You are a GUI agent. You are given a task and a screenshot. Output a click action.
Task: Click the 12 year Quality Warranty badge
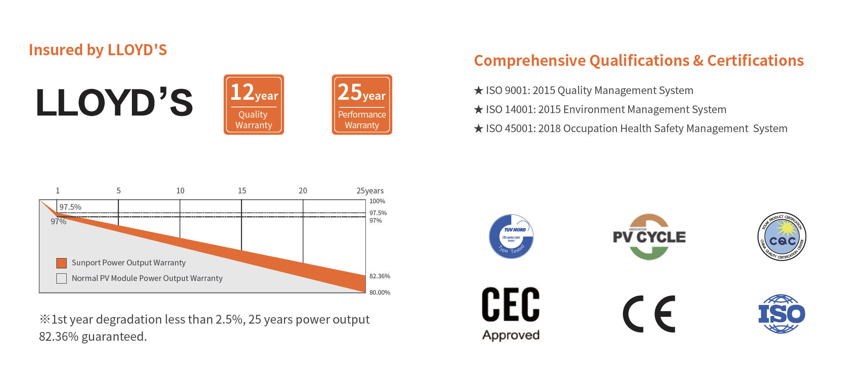pos(254,105)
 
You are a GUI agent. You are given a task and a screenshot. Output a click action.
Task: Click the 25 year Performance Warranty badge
pos(362,105)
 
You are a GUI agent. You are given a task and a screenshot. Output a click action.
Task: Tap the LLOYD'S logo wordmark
pos(114,102)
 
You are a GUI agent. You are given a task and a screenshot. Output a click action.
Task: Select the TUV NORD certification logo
pos(511,236)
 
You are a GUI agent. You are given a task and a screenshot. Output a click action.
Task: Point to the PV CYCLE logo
pos(649,237)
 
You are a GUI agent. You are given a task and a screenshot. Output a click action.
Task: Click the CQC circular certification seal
pos(781,236)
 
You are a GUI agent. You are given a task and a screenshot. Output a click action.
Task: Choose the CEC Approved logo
pos(511,313)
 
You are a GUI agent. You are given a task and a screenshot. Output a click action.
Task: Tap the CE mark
pos(649,314)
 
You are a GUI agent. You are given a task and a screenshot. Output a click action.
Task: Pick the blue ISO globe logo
pos(781,314)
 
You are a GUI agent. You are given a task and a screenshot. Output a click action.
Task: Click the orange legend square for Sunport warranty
pos(61,263)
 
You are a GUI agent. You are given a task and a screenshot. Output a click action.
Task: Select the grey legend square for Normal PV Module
pos(61,278)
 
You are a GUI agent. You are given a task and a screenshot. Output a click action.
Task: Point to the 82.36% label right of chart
pos(380,276)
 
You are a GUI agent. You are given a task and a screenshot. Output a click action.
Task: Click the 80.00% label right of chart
pos(380,292)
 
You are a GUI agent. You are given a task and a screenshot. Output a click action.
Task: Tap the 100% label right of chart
pos(377,201)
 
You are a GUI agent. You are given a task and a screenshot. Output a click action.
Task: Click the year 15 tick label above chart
pos(242,190)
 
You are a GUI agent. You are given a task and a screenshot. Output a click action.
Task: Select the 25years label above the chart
pos(370,190)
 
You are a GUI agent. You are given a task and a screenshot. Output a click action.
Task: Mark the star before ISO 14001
pos(478,110)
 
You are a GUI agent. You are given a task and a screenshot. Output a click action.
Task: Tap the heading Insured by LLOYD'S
pos(98,50)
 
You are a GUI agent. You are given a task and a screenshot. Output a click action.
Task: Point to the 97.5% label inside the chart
pos(71,207)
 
